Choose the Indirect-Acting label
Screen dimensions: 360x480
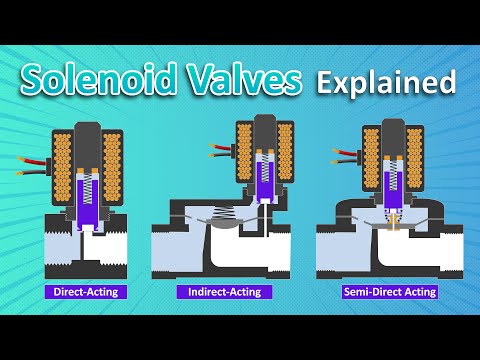point(224,292)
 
